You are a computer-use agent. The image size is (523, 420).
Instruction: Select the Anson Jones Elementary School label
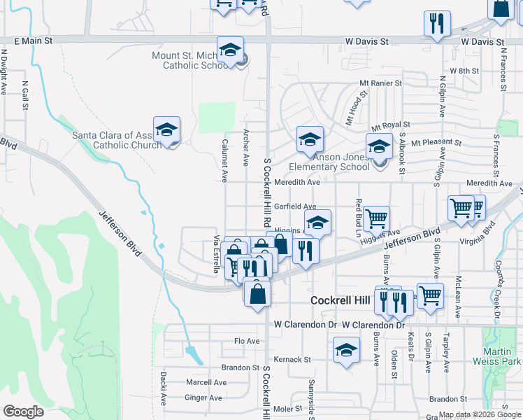click(329, 162)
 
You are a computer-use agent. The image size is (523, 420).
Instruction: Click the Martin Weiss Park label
click(502, 356)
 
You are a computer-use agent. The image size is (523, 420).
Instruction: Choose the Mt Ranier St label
click(380, 83)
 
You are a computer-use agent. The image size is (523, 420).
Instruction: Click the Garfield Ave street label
click(295, 206)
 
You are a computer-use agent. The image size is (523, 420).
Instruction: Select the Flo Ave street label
click(247, 342)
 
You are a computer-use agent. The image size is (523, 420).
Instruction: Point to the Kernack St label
click(292, 359)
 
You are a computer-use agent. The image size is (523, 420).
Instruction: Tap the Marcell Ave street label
click(206, 383)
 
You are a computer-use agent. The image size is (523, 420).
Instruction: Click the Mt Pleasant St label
click(436, 143)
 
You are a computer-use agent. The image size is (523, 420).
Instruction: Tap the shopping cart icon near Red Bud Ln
click(376, 218)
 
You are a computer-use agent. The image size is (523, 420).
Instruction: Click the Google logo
click(23, 412)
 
